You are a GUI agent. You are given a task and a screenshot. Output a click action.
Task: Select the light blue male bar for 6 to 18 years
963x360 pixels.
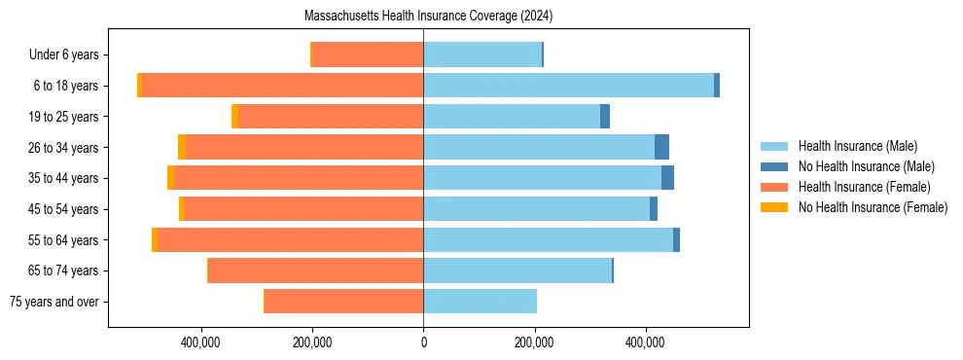568,86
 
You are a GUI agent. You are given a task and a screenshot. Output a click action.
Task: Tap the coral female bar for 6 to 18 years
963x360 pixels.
282,86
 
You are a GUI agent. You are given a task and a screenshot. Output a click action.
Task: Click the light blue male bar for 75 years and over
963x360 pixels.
480,302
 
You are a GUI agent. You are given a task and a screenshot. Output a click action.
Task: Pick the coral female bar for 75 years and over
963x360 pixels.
343,302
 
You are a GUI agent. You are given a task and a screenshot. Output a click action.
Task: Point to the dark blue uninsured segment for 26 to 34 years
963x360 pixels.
661,147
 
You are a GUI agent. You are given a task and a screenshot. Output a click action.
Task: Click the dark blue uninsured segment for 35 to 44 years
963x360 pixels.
667,178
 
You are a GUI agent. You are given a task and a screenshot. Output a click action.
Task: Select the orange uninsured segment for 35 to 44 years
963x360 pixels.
171,178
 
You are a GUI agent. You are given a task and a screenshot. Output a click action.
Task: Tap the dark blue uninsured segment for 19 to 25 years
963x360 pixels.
605,117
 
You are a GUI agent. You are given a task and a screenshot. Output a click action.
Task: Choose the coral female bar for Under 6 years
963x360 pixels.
368,54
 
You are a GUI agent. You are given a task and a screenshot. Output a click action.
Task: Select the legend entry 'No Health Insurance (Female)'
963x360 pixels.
873,207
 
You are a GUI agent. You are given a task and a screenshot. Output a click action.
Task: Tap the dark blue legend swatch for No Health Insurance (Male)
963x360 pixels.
773,167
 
